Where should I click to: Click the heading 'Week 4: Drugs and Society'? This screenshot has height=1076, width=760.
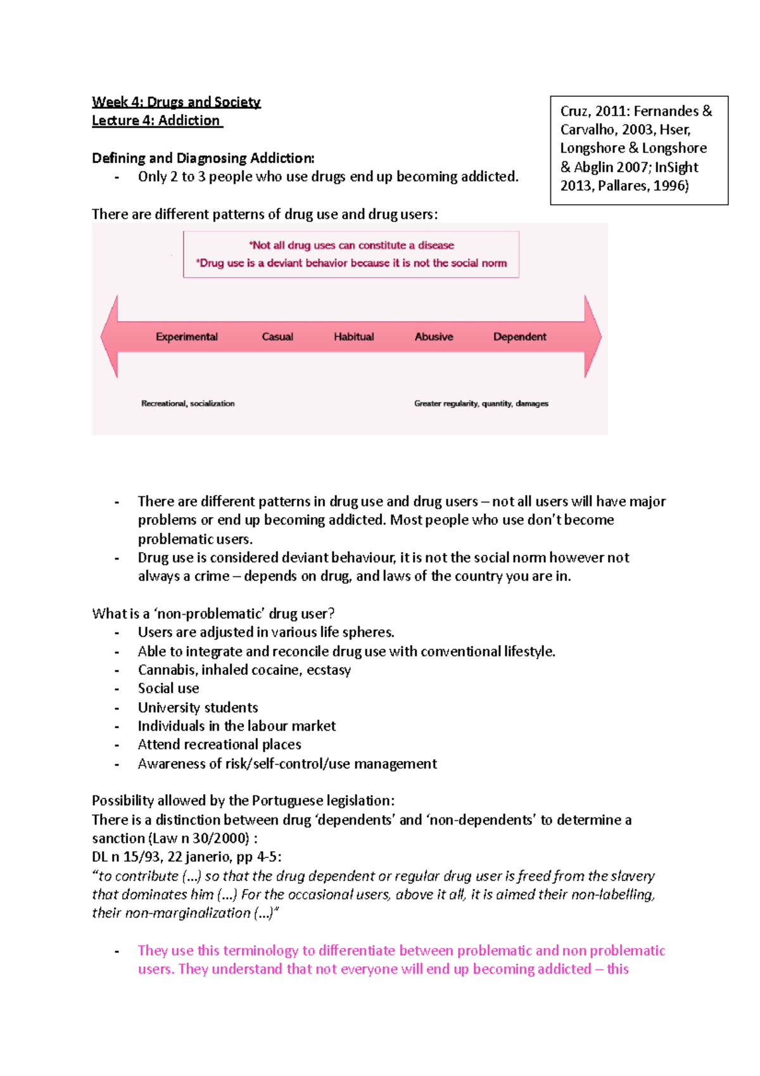pyautogui.click(x=176, y=102)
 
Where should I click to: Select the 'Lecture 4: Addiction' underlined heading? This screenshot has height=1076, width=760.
pyautogui.click(x=156, y=120)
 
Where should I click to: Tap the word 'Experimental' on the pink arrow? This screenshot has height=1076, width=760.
pyautogui.click(x=186, y=336)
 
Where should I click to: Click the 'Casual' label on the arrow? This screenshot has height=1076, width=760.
pyautogui.click(x=277, y=336)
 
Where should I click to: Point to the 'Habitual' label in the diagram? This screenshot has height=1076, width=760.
pyautogui.click(x=353, y=336)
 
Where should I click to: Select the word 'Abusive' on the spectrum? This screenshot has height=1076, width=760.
pyautogui.click(x=434, y=336)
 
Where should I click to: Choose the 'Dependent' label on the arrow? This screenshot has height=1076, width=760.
pyautogui.click(x=519, y=336)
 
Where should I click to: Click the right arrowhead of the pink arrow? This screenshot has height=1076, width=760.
pyautogui.click(x=592, y=336)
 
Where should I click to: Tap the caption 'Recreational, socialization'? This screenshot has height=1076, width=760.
pyautogui.click(x=187, y=403)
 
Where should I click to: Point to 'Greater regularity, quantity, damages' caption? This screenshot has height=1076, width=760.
pyautogui.click(x=481, y=403)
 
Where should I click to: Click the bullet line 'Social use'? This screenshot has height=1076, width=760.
pyautogui.click(x=168, y=688)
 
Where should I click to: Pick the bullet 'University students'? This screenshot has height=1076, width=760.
pyautogui.click(x=198, y=707)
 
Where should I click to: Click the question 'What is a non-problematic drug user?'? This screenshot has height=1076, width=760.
pyautogui.click(x=213, y=613)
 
